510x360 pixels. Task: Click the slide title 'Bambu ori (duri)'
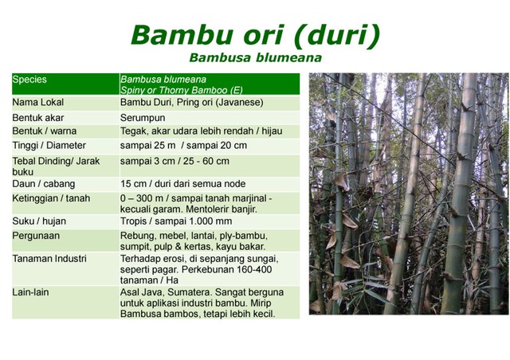(x=255, y=34)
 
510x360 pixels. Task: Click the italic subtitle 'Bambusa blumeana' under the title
(x=255, y=58)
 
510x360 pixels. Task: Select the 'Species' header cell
(x=30, y=80)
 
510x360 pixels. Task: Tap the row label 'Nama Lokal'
(x=38, y=103)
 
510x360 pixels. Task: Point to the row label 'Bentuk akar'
(x=38, y=117)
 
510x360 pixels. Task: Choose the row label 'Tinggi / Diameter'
(x=49, y=146)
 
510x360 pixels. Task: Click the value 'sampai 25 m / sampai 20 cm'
(x=183, y=146)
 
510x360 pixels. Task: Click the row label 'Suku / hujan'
(x=40, y=221)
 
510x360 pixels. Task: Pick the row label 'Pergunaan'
(x=36, y=236)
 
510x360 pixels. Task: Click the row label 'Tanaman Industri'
(x=49, y=259)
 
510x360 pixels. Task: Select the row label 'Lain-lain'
(x=31, y=292)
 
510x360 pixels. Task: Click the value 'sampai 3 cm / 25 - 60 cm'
(x=175, y=160)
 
